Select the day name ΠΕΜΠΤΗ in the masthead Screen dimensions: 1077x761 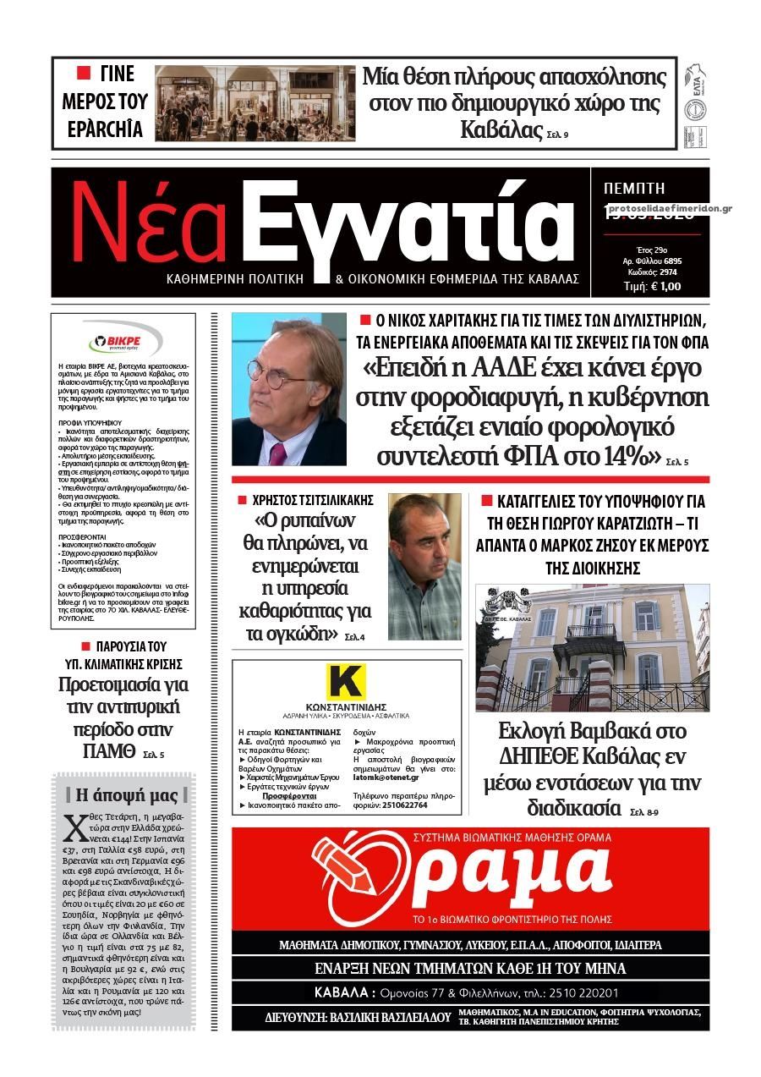(635, 188)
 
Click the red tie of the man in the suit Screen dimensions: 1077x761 (277, 453)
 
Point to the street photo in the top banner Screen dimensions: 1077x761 (255, 103)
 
